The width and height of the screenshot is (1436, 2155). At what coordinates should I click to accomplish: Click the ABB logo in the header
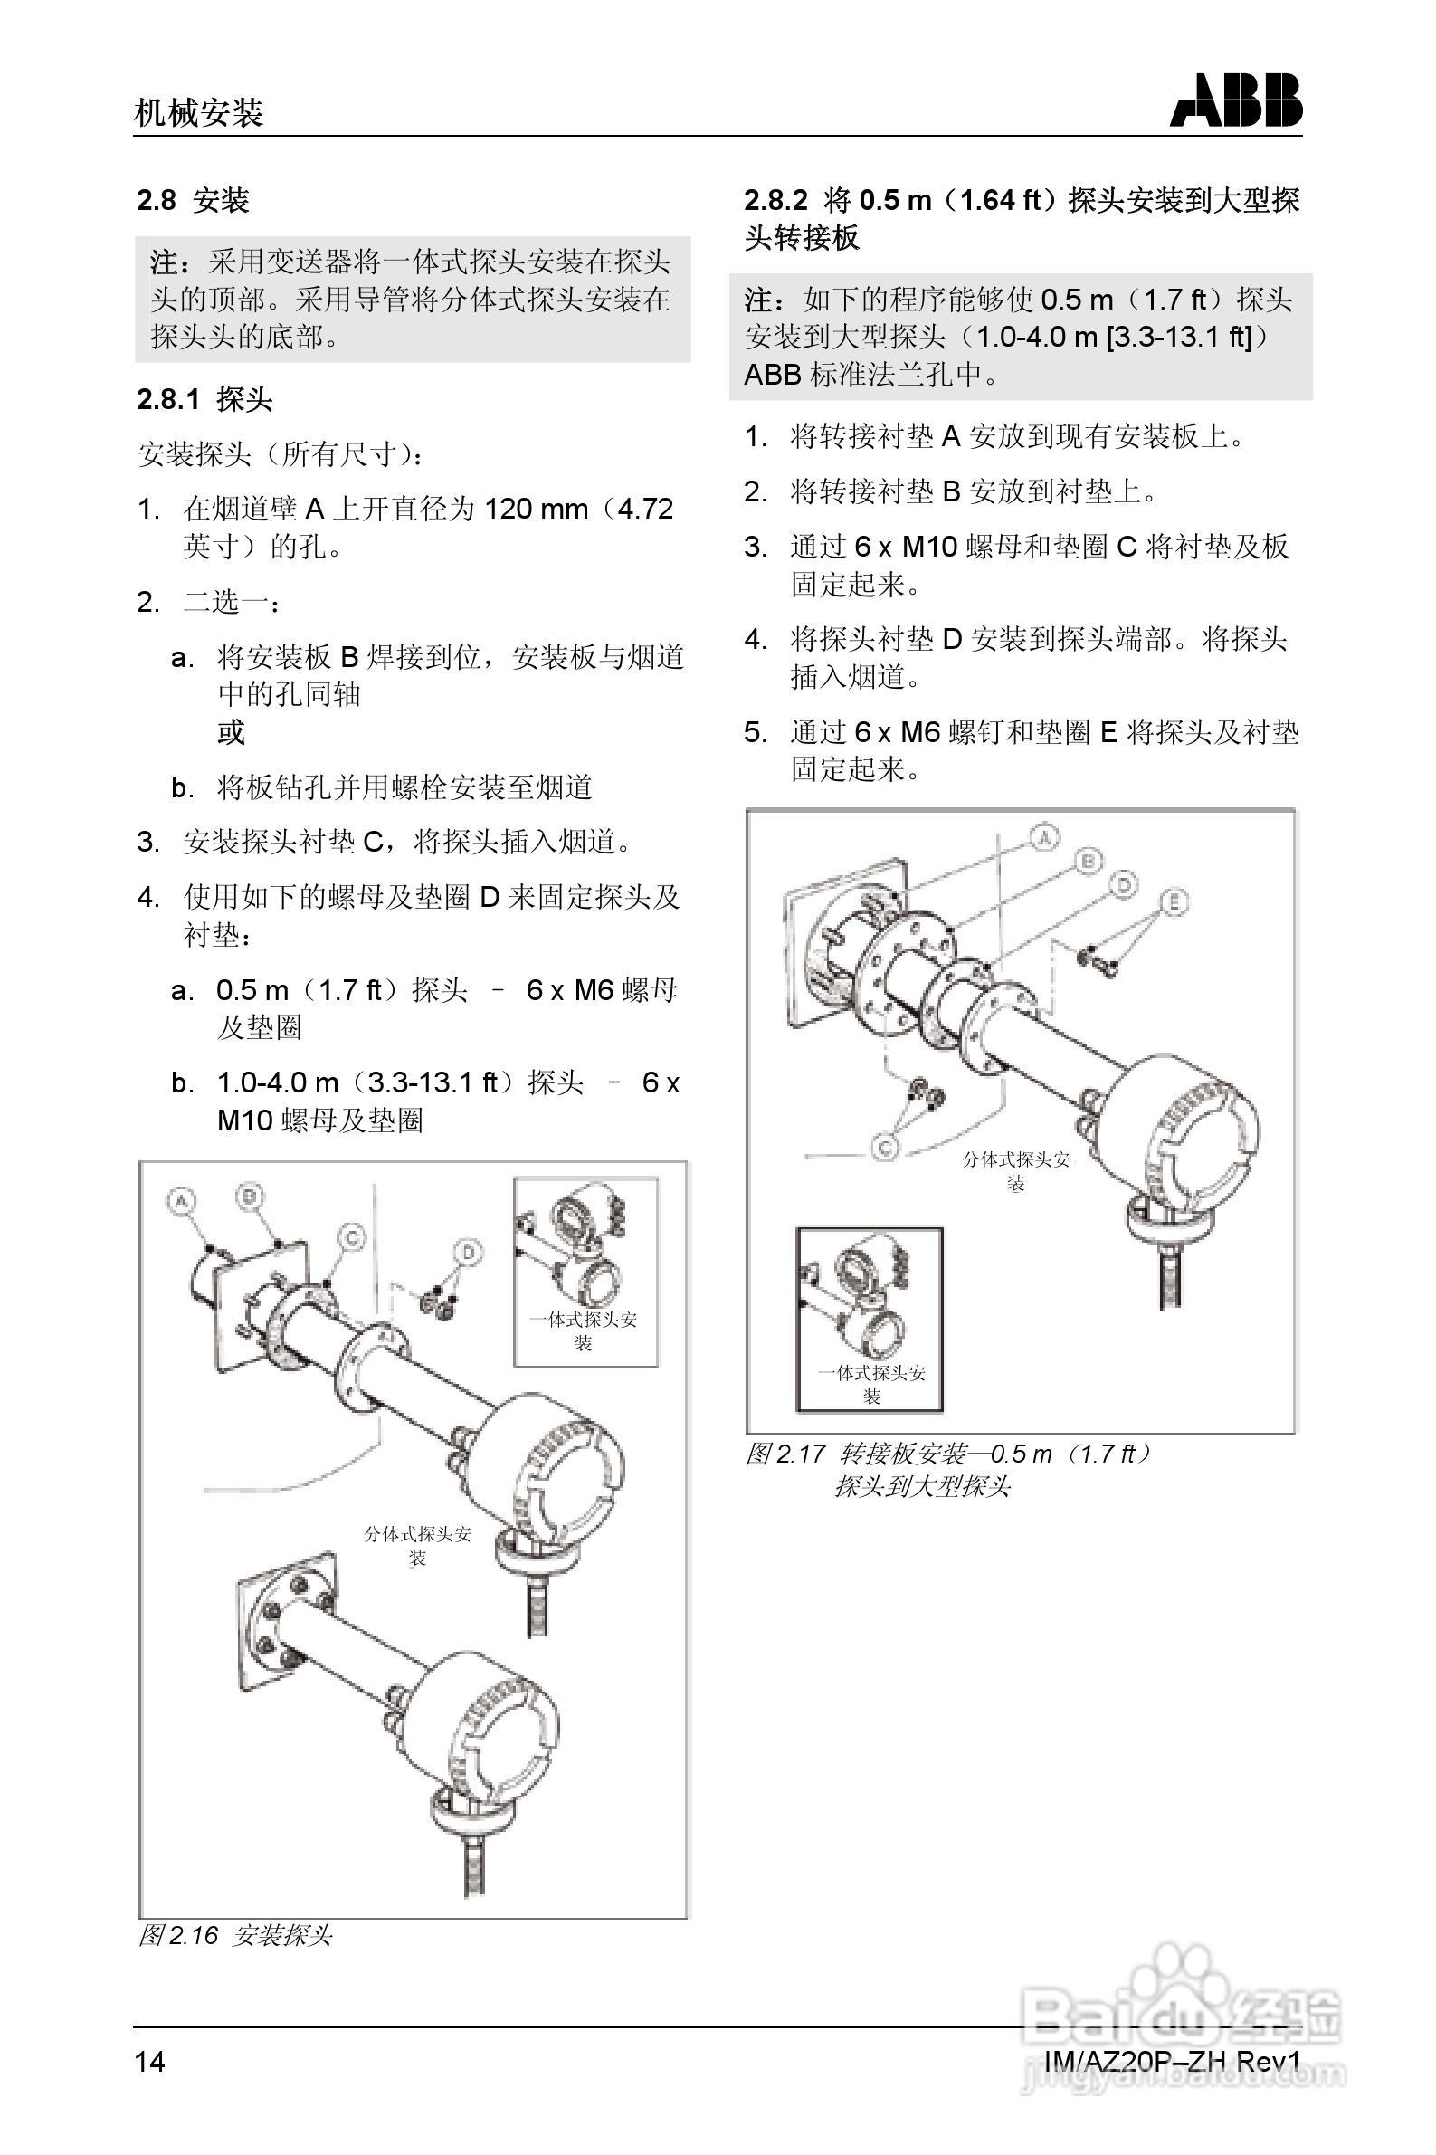pyautogui.click(x=1234, y=100)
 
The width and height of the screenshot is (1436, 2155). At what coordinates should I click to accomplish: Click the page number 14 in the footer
pyautogui.click(x=150, y=2060)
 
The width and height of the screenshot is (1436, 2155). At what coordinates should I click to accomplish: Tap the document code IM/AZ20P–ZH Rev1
pyautogui.click(x=1171, y=2060)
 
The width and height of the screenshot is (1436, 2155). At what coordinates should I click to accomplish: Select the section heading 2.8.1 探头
pyautogui.click(x=205, y=399)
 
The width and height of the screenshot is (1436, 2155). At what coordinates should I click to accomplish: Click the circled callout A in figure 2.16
pyautogui.click(x=182, y=1201)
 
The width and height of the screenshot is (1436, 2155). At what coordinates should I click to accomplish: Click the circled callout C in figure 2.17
pyautogui.click(x=885, y=1147)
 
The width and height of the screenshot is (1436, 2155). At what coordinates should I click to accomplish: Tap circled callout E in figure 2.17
pyautogui.click(x=1174, y=902)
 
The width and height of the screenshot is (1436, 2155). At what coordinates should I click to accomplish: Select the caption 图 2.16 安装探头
pyautogui.click(x=234, y=1935)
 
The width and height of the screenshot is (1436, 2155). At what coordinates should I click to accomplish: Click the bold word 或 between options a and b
pyautogui.click(x=231, y=733)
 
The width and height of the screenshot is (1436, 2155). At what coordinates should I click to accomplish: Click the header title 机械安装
pyautogui.click(x=199, y=112)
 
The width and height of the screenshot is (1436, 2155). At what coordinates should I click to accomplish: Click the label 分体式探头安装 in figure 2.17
pyautogui.click(x=1015, y=1169)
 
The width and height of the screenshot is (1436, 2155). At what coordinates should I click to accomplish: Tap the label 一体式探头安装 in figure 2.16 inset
pyautogui.click(x=584, y=1330)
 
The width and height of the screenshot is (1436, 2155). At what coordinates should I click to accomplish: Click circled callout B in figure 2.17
pyautogui.click(x=1087, y=861)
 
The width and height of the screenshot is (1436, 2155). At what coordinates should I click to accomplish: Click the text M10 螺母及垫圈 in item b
pyautogui.click(x=319, y=1120)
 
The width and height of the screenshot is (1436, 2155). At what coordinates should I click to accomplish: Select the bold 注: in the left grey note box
pyautogui.click(x=176, y=262)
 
